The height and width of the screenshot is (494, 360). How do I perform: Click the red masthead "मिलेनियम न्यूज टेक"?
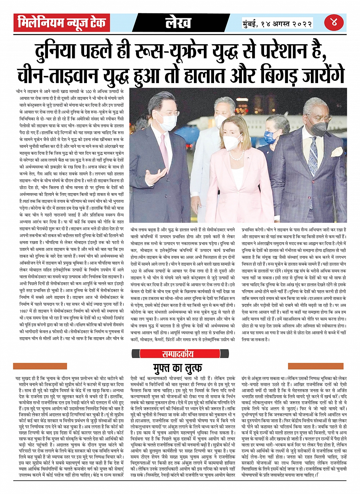pos(62,23)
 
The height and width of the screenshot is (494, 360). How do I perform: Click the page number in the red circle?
pos(334,23)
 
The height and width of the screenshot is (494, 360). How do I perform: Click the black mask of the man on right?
pos(319,128)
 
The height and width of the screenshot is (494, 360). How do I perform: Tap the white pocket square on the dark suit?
pos(337,152)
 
